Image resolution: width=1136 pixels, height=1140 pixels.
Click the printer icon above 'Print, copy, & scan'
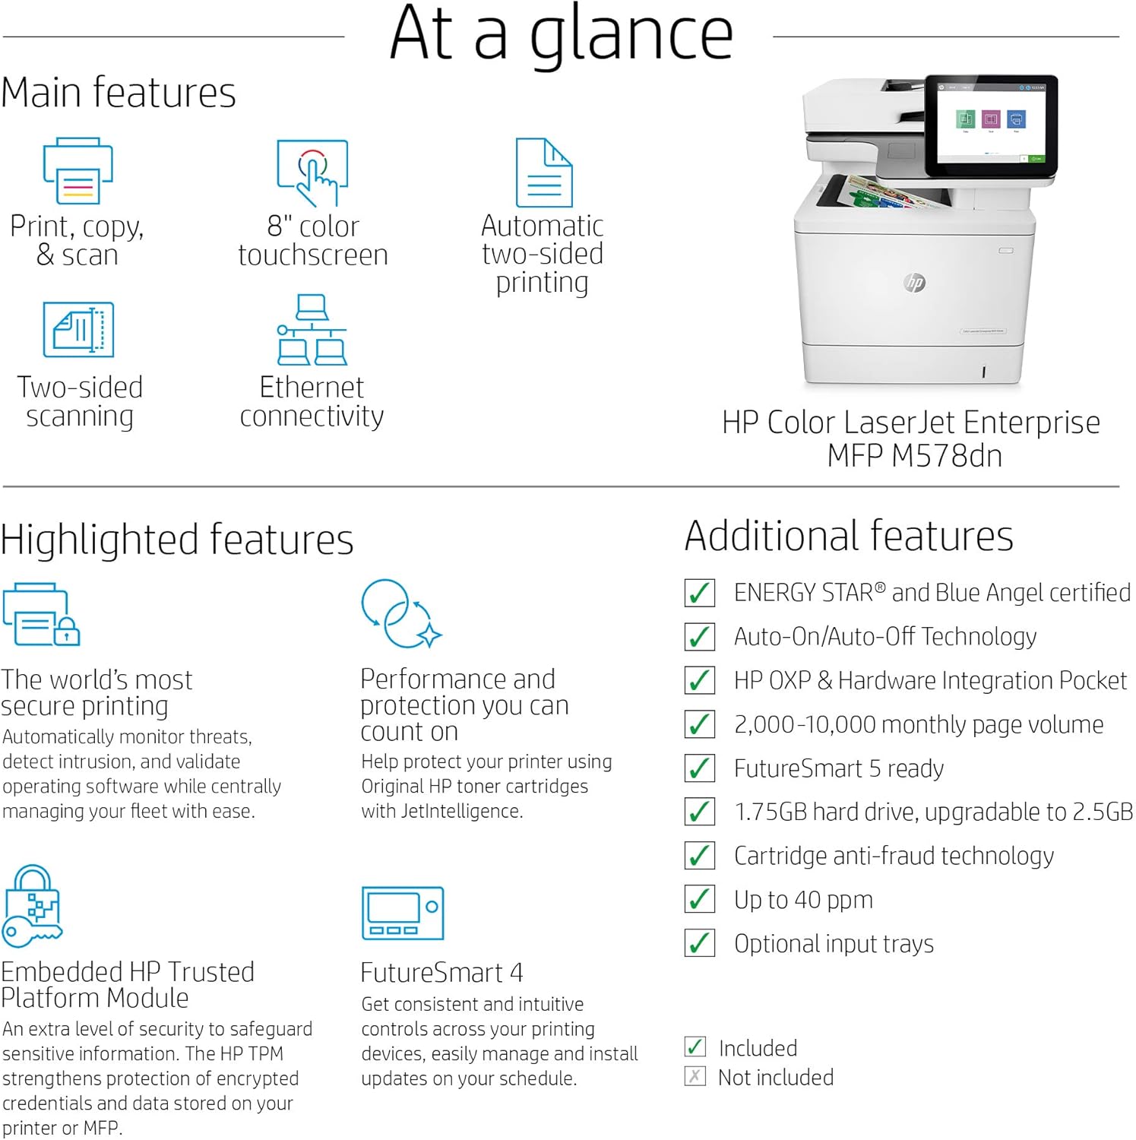point(78,171)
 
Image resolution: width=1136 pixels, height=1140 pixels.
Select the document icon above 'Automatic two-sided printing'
point(544,173)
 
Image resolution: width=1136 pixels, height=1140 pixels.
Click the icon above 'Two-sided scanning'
point(78,330)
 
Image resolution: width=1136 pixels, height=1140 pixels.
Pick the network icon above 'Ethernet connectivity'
point(312,330)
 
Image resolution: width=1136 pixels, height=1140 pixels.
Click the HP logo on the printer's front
point(915,283)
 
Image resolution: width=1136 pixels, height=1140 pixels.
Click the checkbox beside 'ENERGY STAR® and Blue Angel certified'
point(699,593)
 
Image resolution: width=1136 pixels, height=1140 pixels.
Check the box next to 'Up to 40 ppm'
point(699,900)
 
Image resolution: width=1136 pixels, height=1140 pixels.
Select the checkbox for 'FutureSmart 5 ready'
point(699,768)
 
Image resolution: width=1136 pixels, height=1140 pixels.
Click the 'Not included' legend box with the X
point(695,1077)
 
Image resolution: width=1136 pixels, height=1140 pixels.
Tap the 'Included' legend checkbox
point(695,1047)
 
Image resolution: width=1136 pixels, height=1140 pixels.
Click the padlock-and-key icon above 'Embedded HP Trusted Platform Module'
point(32,906)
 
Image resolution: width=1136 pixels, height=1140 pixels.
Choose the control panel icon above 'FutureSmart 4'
point(403,914)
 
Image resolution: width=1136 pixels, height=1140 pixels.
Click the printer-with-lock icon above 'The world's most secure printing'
point(41,615)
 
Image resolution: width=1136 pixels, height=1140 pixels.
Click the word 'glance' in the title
point(631,36)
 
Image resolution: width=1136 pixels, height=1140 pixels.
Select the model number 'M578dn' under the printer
point(947,456)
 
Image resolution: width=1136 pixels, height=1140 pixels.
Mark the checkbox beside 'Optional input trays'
point(699,944)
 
